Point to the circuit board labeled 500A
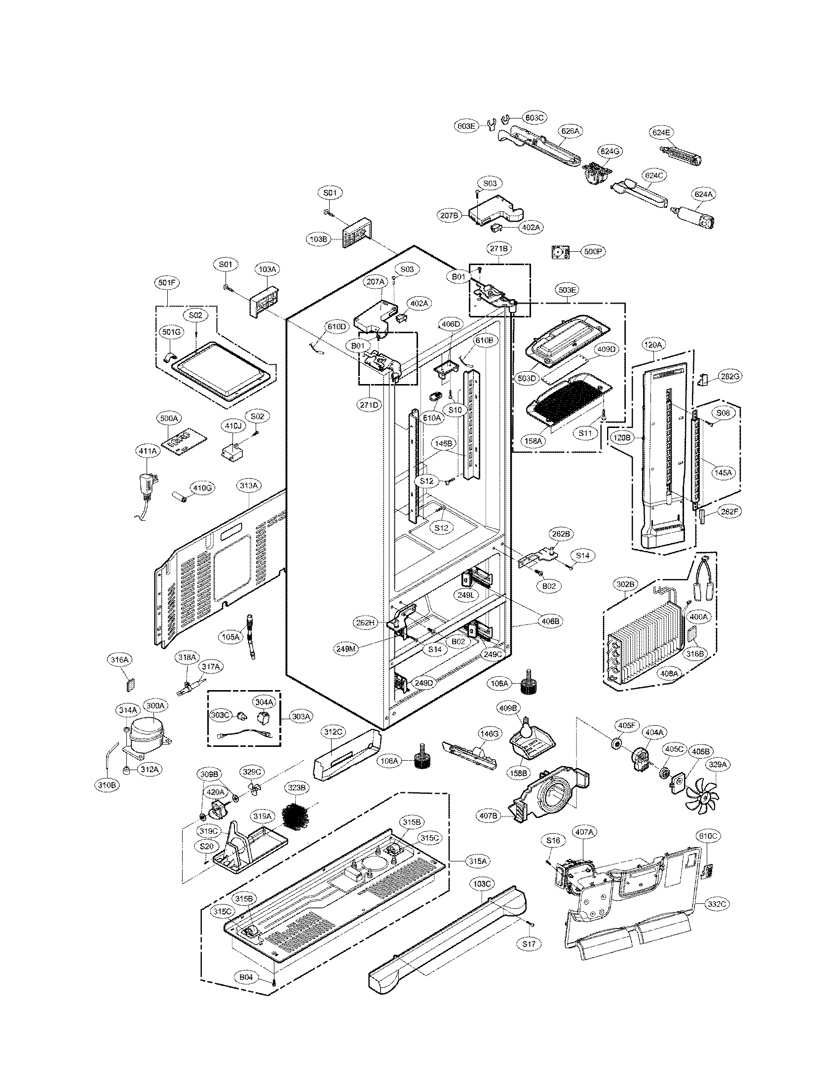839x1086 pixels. point(180,441)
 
